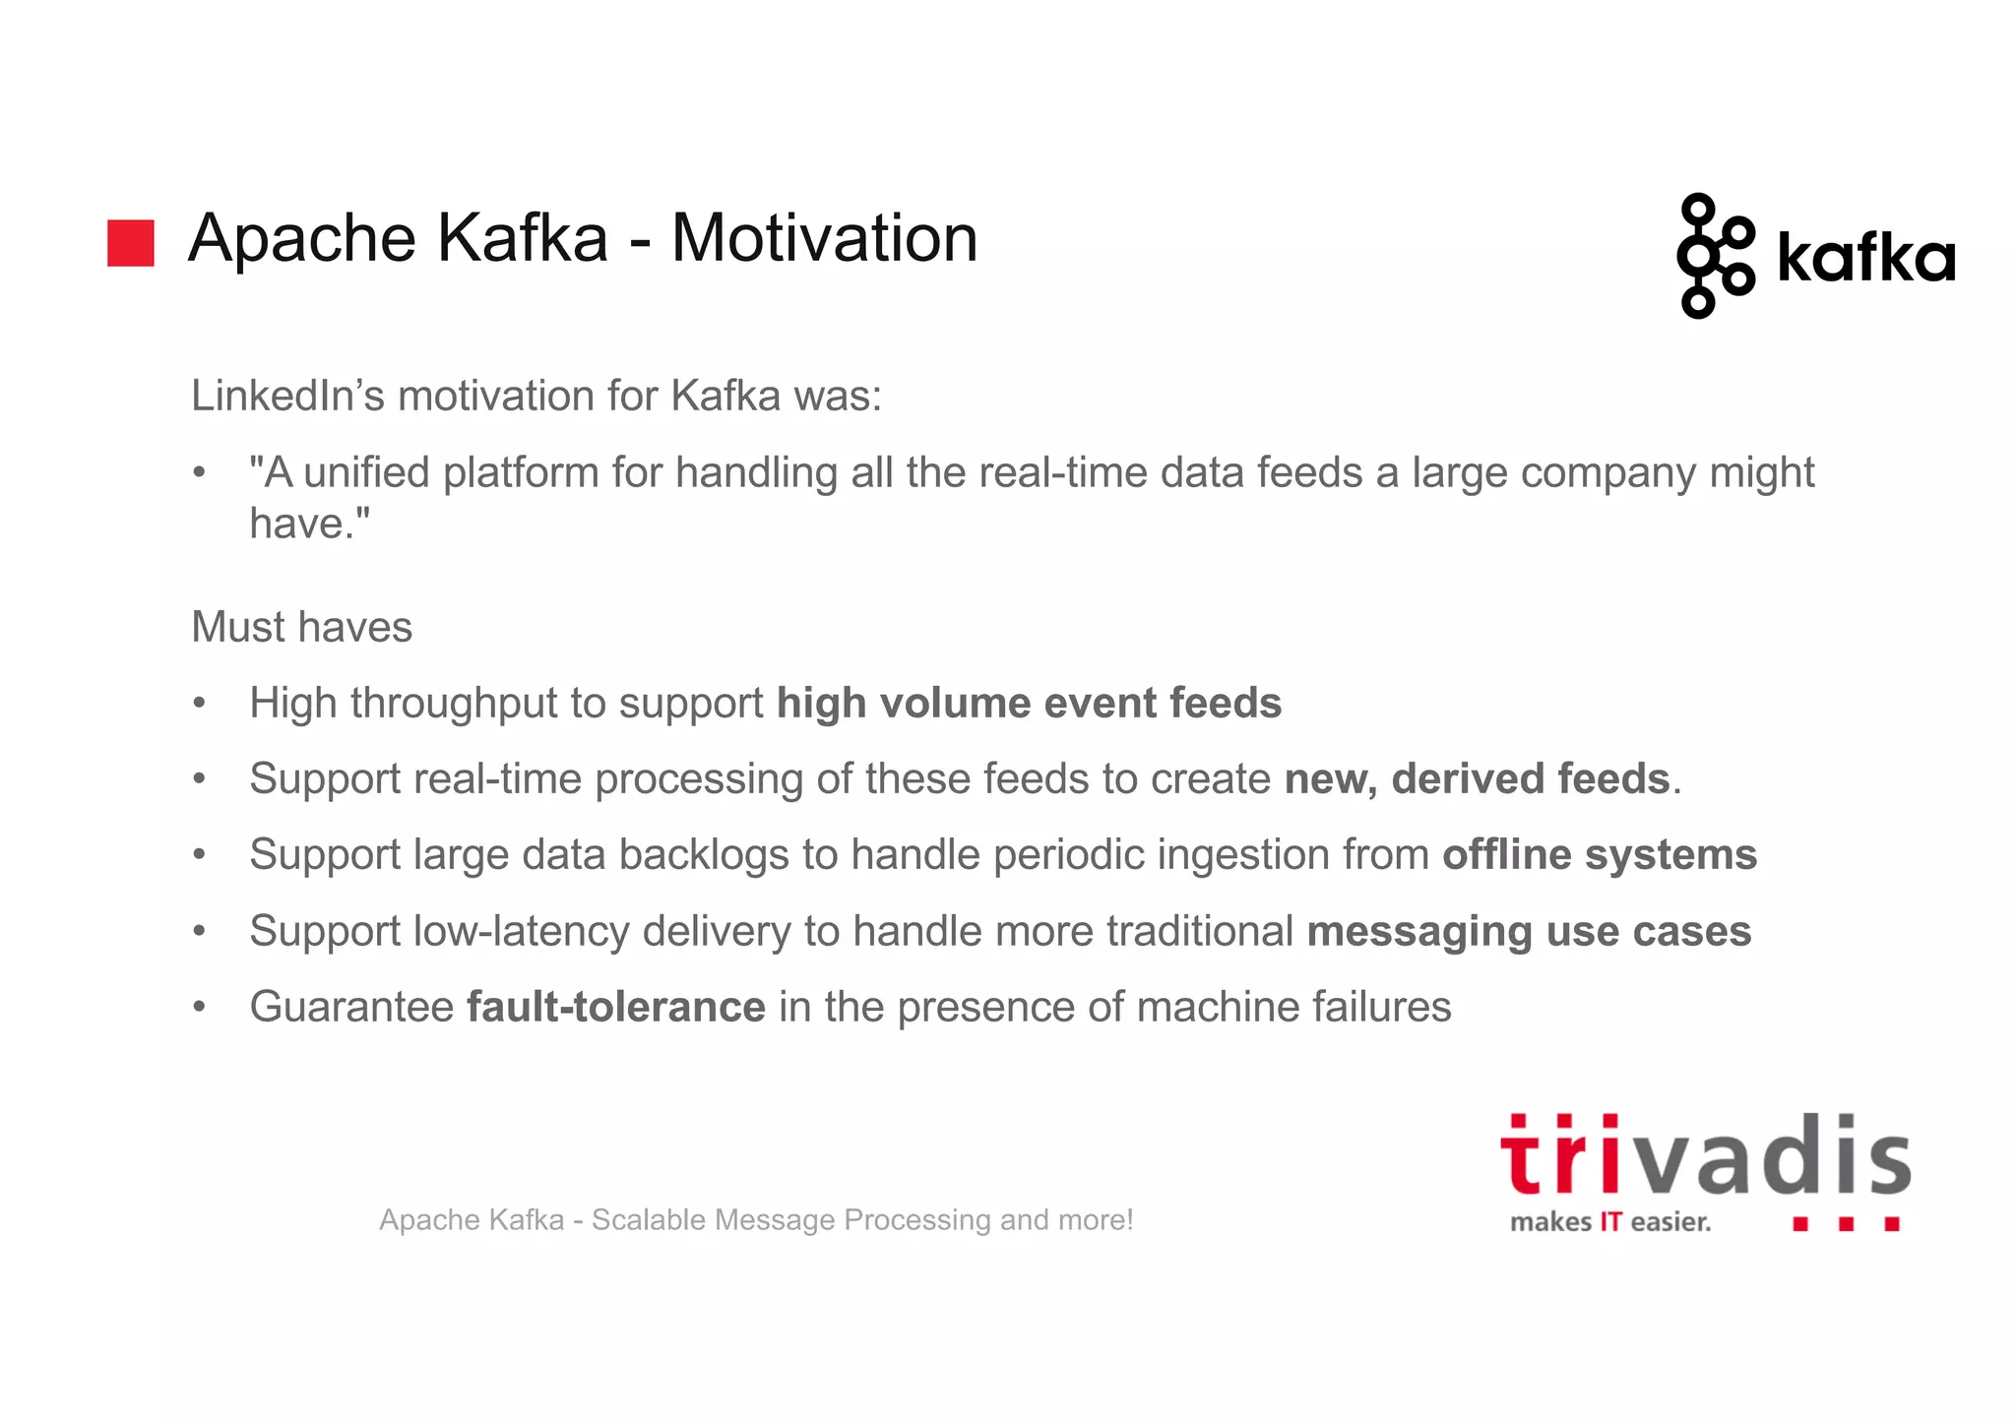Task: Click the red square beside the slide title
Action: [130, 243]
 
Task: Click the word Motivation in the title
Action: [824, 239]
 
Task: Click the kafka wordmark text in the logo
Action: [1865, 258]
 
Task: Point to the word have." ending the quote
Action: [309, 524]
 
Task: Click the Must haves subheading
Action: [301, 627]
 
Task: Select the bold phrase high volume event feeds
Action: [1029, 704]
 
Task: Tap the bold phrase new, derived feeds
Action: [1477, 779]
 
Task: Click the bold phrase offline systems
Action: [1599, 854]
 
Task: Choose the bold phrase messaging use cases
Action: [1528, 931]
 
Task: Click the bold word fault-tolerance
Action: [615, 1007]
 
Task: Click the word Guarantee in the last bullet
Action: [351, 1007]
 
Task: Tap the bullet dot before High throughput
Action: [200, 704]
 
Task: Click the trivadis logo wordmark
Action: [1705, 1156]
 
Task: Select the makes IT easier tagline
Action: [1610, 1222]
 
